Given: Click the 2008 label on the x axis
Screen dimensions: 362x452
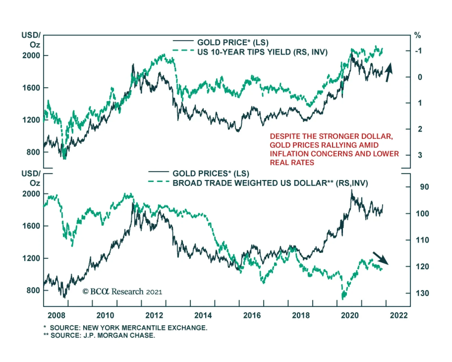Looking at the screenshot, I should tap(56, 315).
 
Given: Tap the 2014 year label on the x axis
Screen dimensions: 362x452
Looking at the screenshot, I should tap(203, 315).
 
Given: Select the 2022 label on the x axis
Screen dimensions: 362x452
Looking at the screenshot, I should tap(399, 315).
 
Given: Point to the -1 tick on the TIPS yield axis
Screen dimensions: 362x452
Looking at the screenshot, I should tap(418, 51).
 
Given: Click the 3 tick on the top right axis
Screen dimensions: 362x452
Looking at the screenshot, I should tap(420, 155).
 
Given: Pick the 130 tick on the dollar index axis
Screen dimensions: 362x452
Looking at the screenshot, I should tap(422, 293).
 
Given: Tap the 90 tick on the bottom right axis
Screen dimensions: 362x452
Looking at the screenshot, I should tap(424, 187).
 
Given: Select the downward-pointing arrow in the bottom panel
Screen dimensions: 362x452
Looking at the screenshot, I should tap(381, 258).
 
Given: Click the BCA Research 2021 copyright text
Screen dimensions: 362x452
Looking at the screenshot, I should tap(122, 292).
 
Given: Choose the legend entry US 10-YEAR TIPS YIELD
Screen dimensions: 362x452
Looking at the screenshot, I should tap(262, 52).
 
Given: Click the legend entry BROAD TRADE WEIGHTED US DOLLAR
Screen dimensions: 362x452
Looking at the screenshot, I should tap(270, 183).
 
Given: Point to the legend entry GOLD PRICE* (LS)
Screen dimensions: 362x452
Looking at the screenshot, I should tap(232, 42).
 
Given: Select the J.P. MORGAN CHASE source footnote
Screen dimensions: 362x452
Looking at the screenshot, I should tap(103, 335).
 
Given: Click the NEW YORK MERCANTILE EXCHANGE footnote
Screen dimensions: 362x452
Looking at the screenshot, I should tap(129, 328).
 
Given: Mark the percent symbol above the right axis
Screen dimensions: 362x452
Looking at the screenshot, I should tap(417, 36).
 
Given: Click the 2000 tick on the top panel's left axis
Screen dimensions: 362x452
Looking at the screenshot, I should tap(31, 55).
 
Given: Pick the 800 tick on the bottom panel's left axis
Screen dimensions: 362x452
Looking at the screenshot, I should tap(33, 291).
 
